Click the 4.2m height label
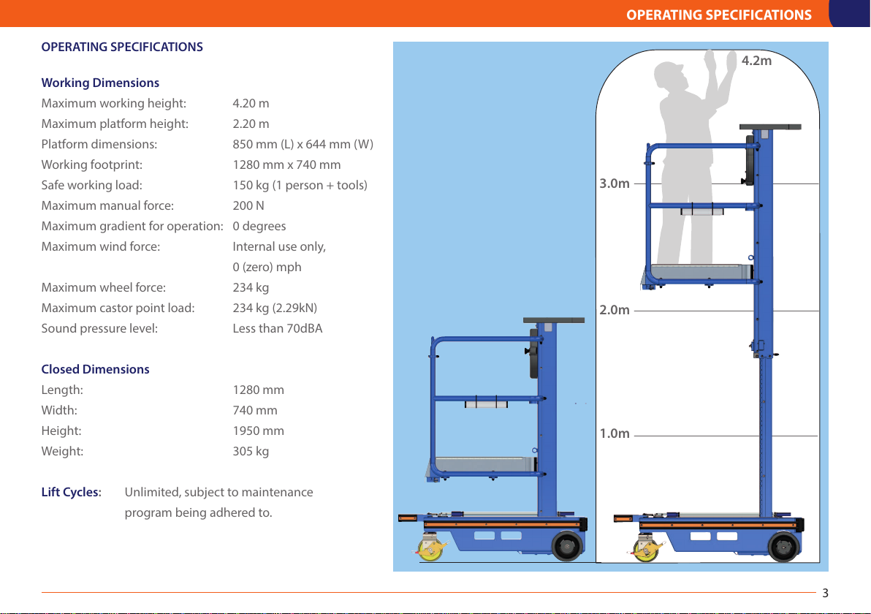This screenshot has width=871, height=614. coord(756,61)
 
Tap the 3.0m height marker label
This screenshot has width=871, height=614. coord(614,183)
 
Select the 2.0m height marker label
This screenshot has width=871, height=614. coord(614,310)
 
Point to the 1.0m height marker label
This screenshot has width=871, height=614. coord(614,433)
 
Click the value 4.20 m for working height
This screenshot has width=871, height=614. coord(251,103)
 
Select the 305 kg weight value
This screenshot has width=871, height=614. coord(251,451)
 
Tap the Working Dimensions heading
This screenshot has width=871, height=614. coord(100,83)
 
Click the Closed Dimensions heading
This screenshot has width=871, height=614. coord(95,369)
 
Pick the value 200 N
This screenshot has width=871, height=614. coord(248,205)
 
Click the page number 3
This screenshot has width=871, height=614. coord(825,591)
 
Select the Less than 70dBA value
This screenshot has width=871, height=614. coord(277,328)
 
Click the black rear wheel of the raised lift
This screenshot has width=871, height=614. coord(783,545)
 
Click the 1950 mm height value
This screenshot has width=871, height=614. coord(258,431)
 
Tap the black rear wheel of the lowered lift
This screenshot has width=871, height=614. coord(567,545)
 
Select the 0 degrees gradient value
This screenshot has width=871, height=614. coord(259,226)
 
